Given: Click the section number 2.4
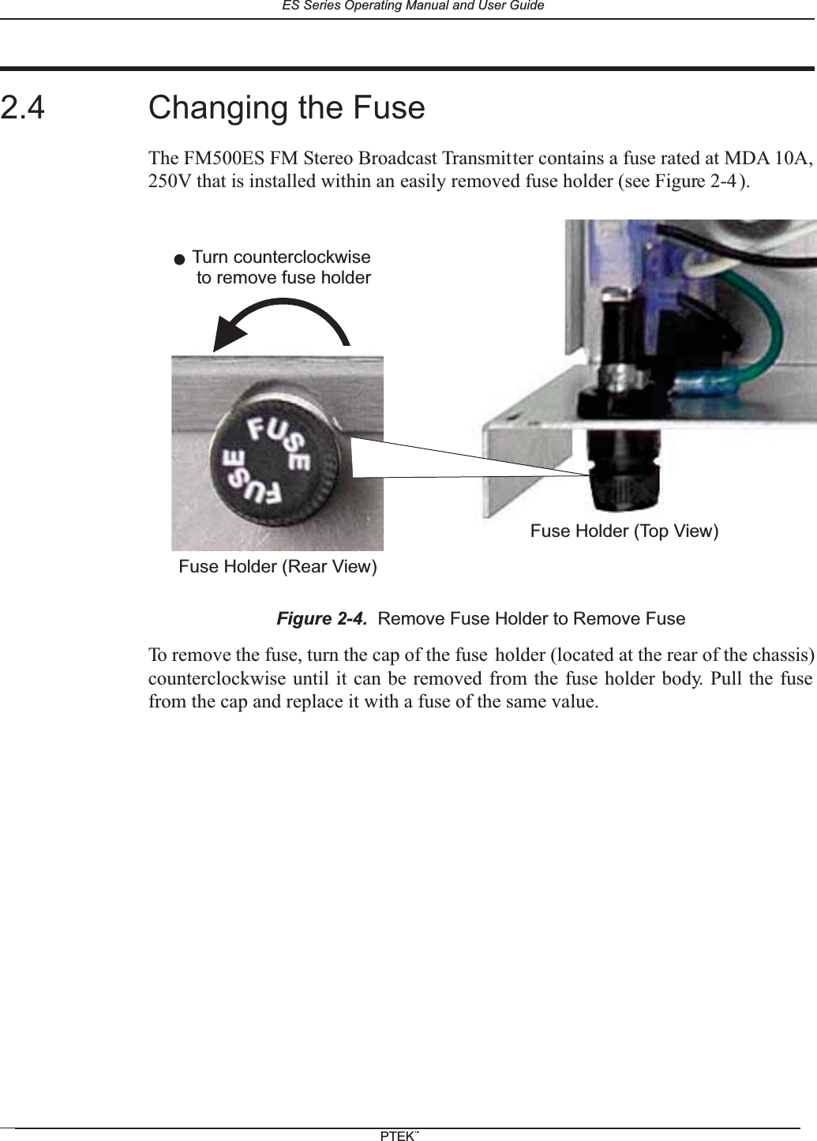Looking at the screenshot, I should click(23, 108).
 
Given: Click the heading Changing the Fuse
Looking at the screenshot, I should click(287, 108).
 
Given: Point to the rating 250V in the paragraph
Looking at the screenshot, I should click(170, 183).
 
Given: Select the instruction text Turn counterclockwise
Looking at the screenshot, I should click(282, 258).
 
